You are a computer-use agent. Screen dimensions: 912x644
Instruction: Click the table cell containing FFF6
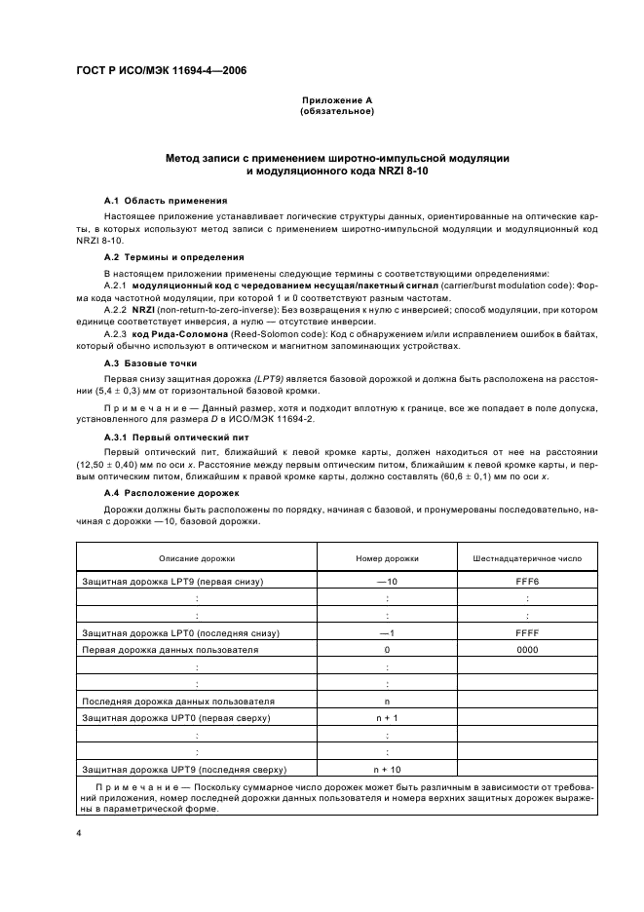coord(527,581)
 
